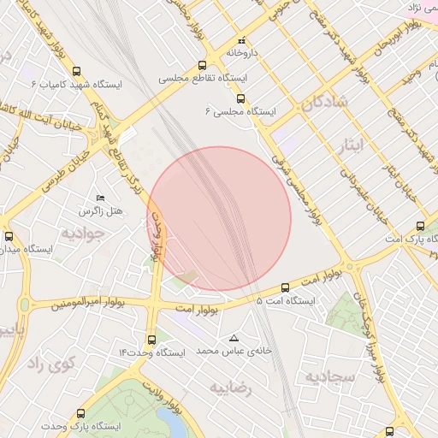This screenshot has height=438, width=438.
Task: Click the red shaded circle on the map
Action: pos(220,218)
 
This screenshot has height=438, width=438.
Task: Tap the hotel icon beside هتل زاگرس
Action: pos(101,198)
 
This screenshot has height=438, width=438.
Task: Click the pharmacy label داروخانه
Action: pos(242,52)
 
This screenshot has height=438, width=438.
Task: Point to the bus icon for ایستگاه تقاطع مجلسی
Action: pos(202,65)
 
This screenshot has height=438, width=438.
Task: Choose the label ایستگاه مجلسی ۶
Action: pos(240,111)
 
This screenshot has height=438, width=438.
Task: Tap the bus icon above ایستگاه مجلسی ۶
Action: pos(241,98)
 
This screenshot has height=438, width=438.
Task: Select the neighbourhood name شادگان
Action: pos(325,104)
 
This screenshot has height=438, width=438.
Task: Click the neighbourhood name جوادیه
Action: pos(83,232)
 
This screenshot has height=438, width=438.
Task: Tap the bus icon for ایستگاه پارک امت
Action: pos(419,227)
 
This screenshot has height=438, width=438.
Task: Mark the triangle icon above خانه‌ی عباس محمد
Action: pos(234,338)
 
